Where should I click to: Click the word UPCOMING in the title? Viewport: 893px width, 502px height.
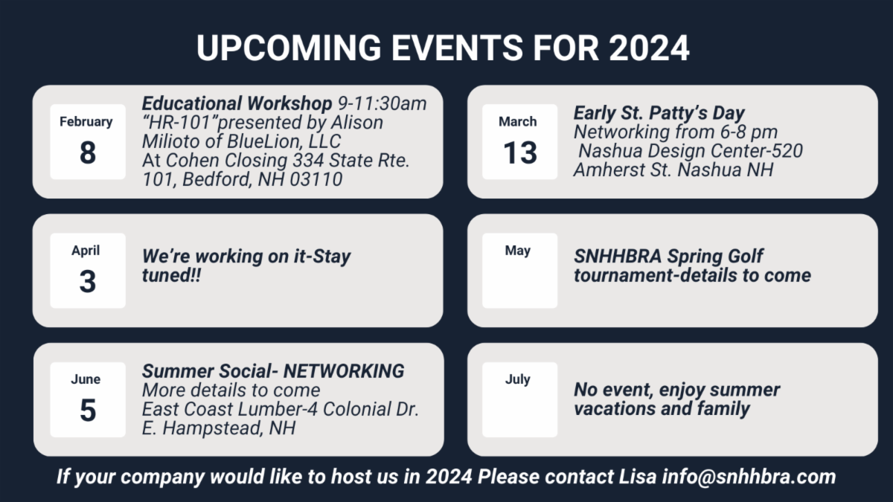point(289,48)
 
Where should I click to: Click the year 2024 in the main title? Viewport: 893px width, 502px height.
point(649,48)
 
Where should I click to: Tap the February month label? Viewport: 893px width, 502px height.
point(86,121)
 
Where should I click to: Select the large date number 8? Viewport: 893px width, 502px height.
point(88,152)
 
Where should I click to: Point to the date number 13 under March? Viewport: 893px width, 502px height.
point(520,152)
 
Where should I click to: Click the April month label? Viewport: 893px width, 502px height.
point(86,251)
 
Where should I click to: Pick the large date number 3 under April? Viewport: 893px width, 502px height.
point(88,281)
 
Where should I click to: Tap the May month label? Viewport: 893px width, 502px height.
point(517,251)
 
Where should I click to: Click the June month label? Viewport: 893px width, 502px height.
point(86,379)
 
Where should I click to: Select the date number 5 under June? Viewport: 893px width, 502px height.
point(88,411)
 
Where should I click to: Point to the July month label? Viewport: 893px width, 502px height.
point(517,380)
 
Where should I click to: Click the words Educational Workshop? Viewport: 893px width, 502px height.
point(237,104)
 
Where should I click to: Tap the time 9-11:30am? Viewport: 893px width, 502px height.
point(383,104)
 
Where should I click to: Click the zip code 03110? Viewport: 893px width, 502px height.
point(316,179)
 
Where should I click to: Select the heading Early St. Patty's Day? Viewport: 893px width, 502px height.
point(659,113)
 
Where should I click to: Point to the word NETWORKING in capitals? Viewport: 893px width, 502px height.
point(344,371)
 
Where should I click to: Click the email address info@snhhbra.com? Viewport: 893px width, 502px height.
point(749,477)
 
